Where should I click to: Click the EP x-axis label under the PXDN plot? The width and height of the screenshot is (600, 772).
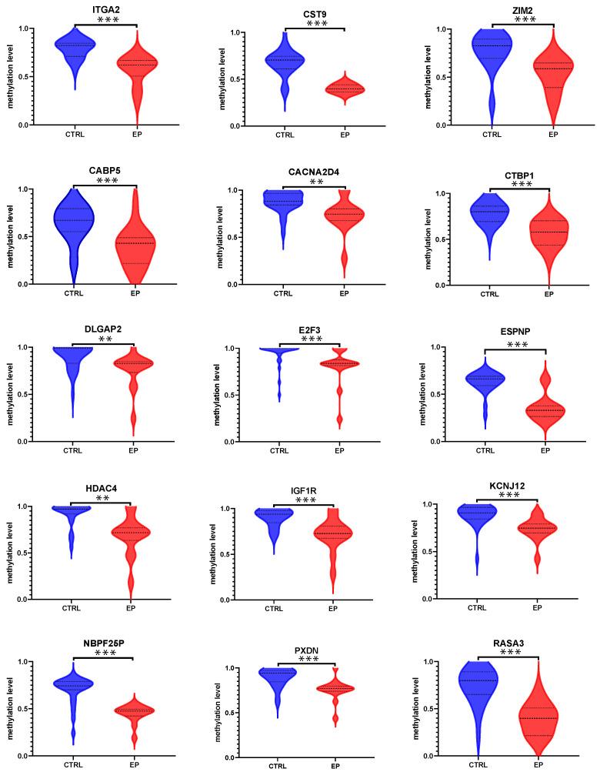coord(335,766)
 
